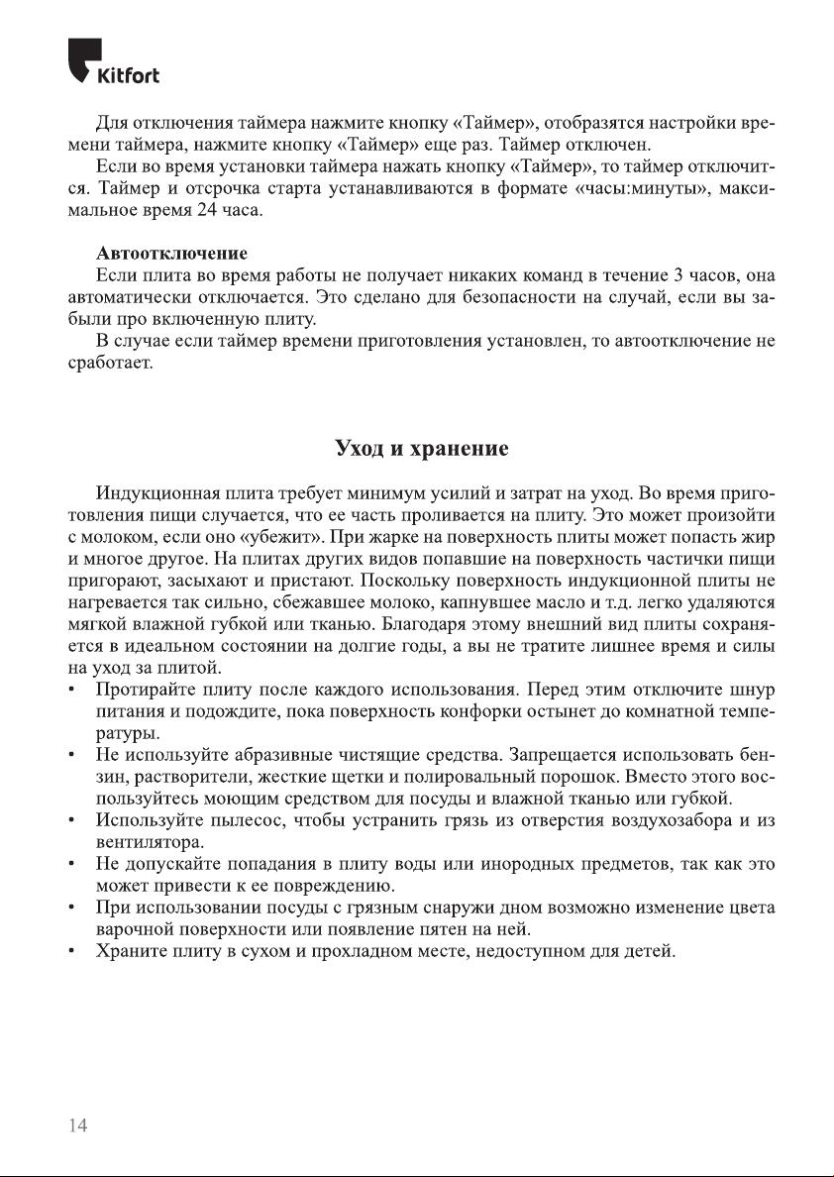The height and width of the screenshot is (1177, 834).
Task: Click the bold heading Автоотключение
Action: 171,254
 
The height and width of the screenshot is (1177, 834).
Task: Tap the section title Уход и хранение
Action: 422,448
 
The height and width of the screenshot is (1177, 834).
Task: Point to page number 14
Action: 78,1125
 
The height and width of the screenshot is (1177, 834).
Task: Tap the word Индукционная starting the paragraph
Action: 153,492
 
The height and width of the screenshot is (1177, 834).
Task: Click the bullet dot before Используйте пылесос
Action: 73,820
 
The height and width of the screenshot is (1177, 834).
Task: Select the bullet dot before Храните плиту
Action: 73,953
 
